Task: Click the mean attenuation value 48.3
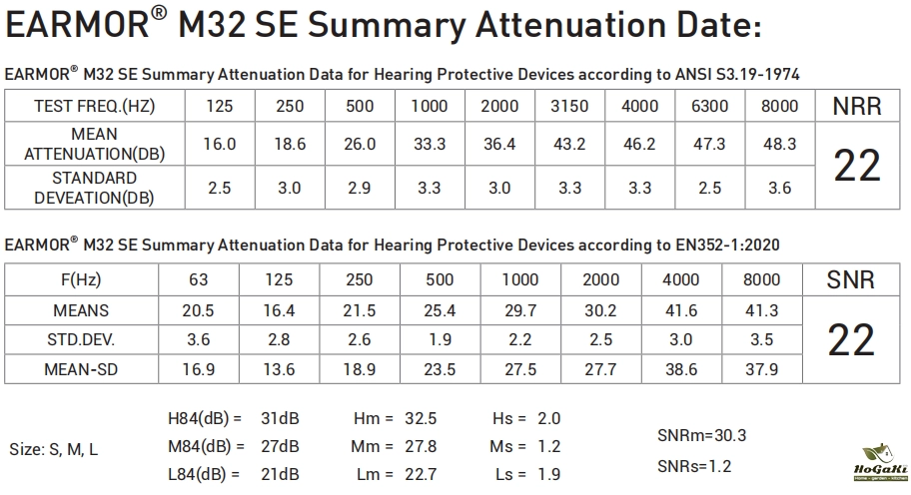click(x=779, y=144)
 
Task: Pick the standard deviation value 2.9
click(x=360, y=187)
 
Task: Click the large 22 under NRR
click(x=856, y=166)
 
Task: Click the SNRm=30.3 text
click(x=701, y=435)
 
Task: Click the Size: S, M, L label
click(x=54, y=449)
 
